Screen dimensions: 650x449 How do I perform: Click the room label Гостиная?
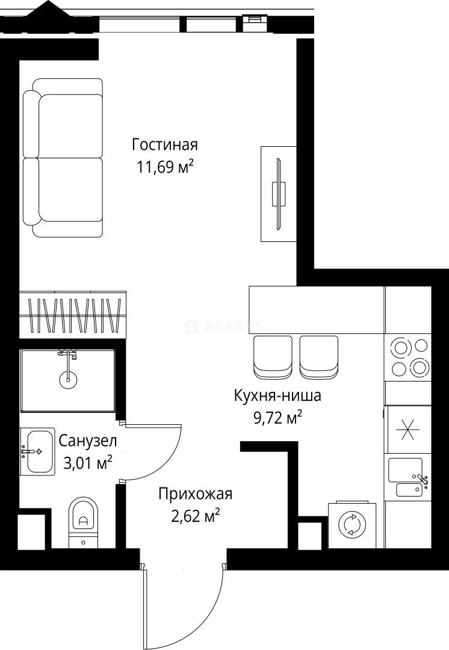(x=165, y=145)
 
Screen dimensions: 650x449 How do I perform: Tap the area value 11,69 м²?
(x=165, y=167)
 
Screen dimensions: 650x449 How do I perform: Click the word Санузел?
(x=88, y=441)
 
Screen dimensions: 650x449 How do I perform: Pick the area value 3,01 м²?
(x=88, y=462)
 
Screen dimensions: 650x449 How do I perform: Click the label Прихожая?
(x=195, y=494)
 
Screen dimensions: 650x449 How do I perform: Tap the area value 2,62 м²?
(x=195, y=516)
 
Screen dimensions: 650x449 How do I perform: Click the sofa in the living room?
(x=63, y=158)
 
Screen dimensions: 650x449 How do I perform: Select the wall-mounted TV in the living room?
(x=278, y=194)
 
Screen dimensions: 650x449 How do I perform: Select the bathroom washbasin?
(x=37, y=451)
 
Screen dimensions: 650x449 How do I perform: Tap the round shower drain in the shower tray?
(x=68, y=379)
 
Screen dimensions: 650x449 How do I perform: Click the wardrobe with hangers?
(x=73, y=314)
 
